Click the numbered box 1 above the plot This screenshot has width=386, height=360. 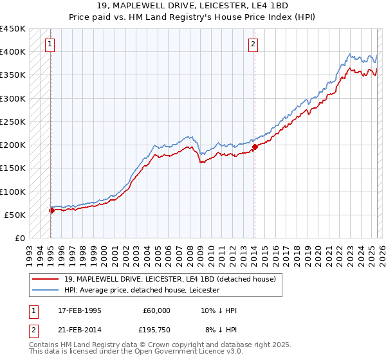click(x=50, y=44)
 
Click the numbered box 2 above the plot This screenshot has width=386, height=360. click(x=253, y=44)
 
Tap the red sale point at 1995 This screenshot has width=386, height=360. click(x=51, y=210)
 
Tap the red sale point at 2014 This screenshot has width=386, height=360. click(x=255, y=147)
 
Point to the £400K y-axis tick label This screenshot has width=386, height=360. click(x=13, y=52)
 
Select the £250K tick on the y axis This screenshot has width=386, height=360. click(x=13, y=122)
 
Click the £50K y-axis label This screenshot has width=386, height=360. click(x=15, y=215)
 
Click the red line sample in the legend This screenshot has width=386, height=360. click(x=46, y=279)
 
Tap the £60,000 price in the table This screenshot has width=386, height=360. click(x=157, y=310)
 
